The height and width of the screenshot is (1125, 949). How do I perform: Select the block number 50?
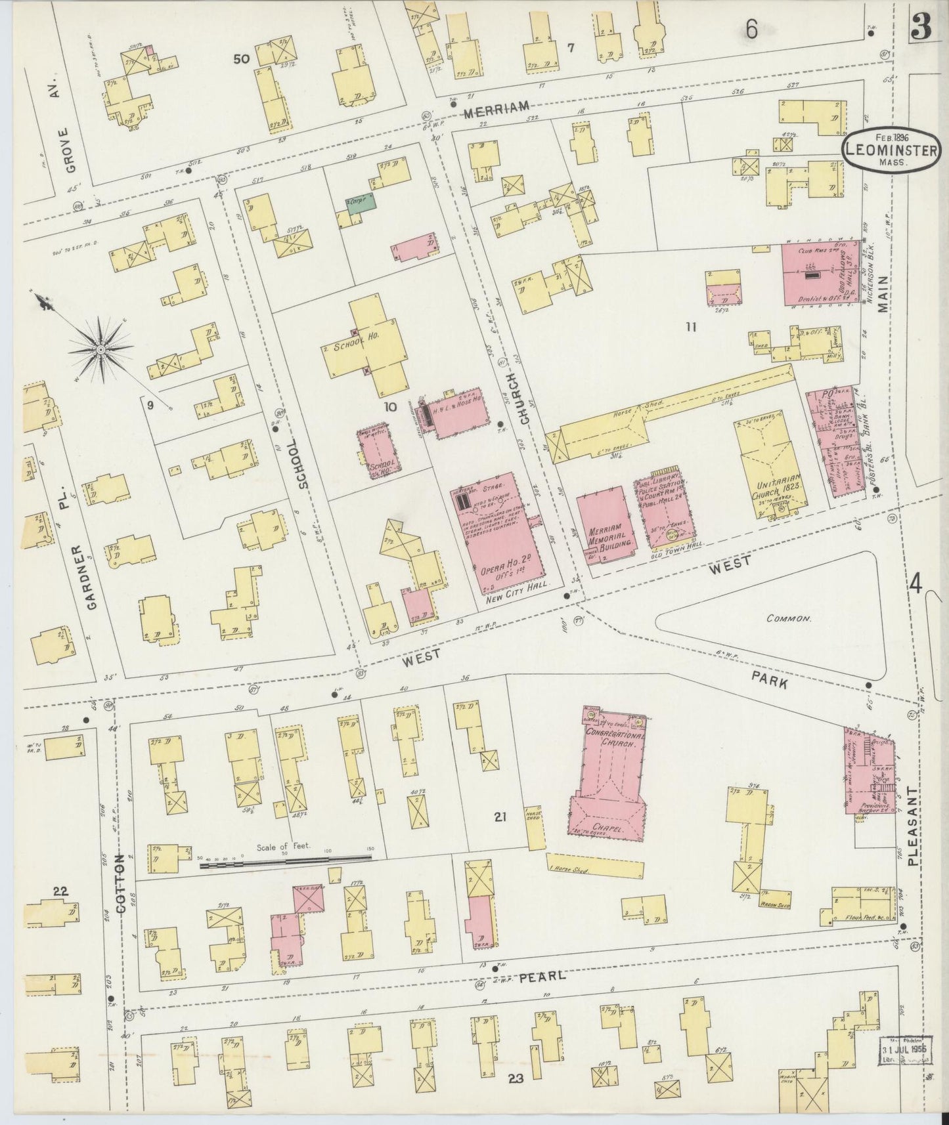click(x=241, y=60)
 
